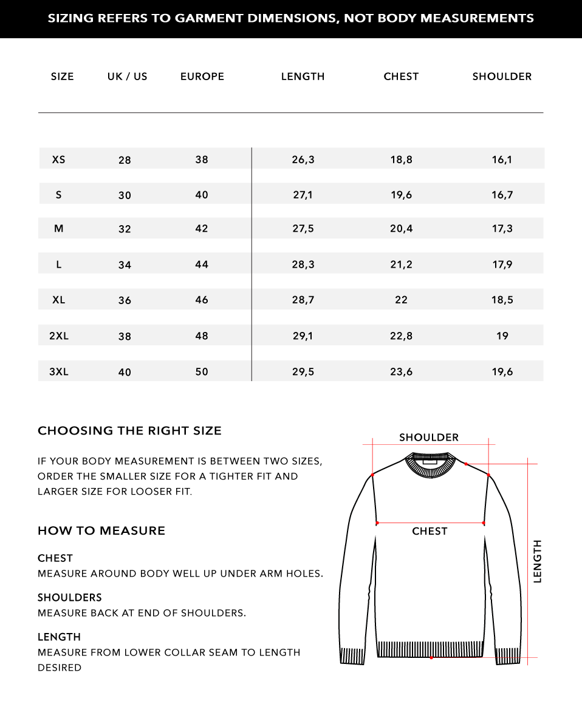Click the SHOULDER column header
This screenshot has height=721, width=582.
[x=502, y=76]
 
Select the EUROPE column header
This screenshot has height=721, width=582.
[x=202, y=76]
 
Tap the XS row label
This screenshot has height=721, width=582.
[x=59, y=160]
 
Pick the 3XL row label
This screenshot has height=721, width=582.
[x=59, y=371]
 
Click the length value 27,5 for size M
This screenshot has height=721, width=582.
[x=303, y=229]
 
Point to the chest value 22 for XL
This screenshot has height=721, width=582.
[x=401, y=300]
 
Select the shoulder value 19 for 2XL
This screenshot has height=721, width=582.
[x=502, y=336]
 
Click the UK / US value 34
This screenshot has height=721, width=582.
[x=125, y=265]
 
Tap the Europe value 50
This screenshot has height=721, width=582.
[x=202, y=371]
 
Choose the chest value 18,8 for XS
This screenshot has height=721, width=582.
[x=401, y=160]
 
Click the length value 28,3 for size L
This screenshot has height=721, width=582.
[x=303, y=265]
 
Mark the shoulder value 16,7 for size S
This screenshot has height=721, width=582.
[x=502, y=195]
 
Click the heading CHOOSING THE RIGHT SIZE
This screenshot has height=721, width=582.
[x=129, y=431]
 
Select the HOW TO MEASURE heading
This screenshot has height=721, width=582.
[x=101, y=530]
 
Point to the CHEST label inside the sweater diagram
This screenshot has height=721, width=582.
[x=430, y=531]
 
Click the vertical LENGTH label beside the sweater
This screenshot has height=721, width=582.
[x=537, y=561]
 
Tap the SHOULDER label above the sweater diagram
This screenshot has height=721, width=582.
[x=429, y=438]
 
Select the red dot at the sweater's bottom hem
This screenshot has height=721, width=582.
[x=431, y=657]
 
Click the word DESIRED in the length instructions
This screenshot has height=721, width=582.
[x=60, y=668]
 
